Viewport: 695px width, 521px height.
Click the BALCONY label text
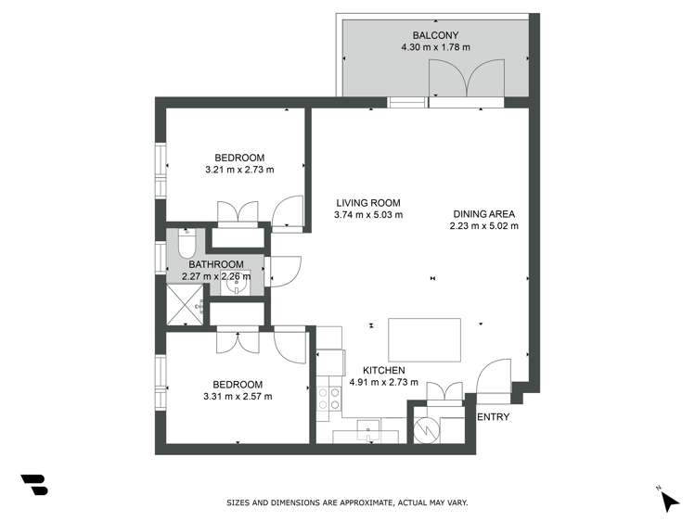(435, 35)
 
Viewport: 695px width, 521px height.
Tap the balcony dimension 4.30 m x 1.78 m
(435, 47)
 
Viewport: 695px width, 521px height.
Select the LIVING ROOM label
(367, 203)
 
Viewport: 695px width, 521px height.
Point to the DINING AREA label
(484, 214)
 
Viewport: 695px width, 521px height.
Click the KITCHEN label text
(384, 371)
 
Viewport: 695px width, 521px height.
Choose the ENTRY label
(494, 417)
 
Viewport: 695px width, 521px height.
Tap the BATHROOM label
(216, 265)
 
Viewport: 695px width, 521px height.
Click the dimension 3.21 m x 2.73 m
(239, 170)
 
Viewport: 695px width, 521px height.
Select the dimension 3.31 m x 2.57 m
(238, 397)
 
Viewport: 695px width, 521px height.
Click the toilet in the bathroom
(187, 244)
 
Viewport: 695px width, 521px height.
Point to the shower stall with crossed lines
(185, 305)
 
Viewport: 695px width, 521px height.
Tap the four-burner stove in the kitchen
(328, 398)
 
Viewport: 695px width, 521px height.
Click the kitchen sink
(368, 430)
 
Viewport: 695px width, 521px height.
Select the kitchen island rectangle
(425, 340)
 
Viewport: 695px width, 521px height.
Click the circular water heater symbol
(426, 429)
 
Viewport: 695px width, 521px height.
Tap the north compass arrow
(670, 502)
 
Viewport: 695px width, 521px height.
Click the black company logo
(34, 485)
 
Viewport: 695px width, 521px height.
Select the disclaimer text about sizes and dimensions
(347, 502)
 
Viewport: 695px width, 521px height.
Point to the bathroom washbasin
(236, 285)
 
